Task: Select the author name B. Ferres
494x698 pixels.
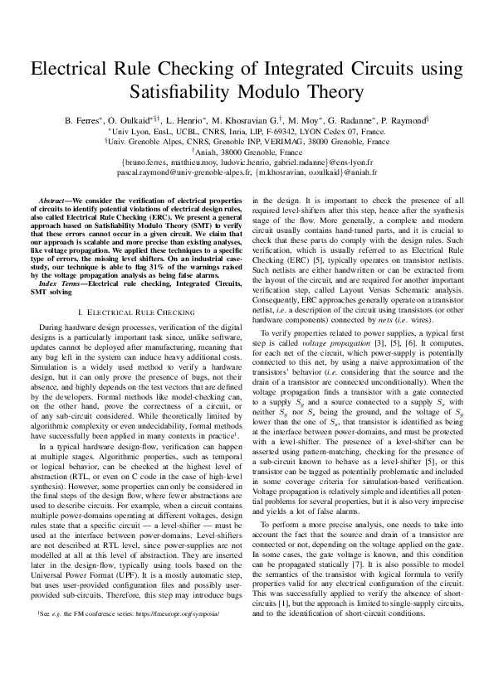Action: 84,120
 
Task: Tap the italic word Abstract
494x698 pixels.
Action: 55,201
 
